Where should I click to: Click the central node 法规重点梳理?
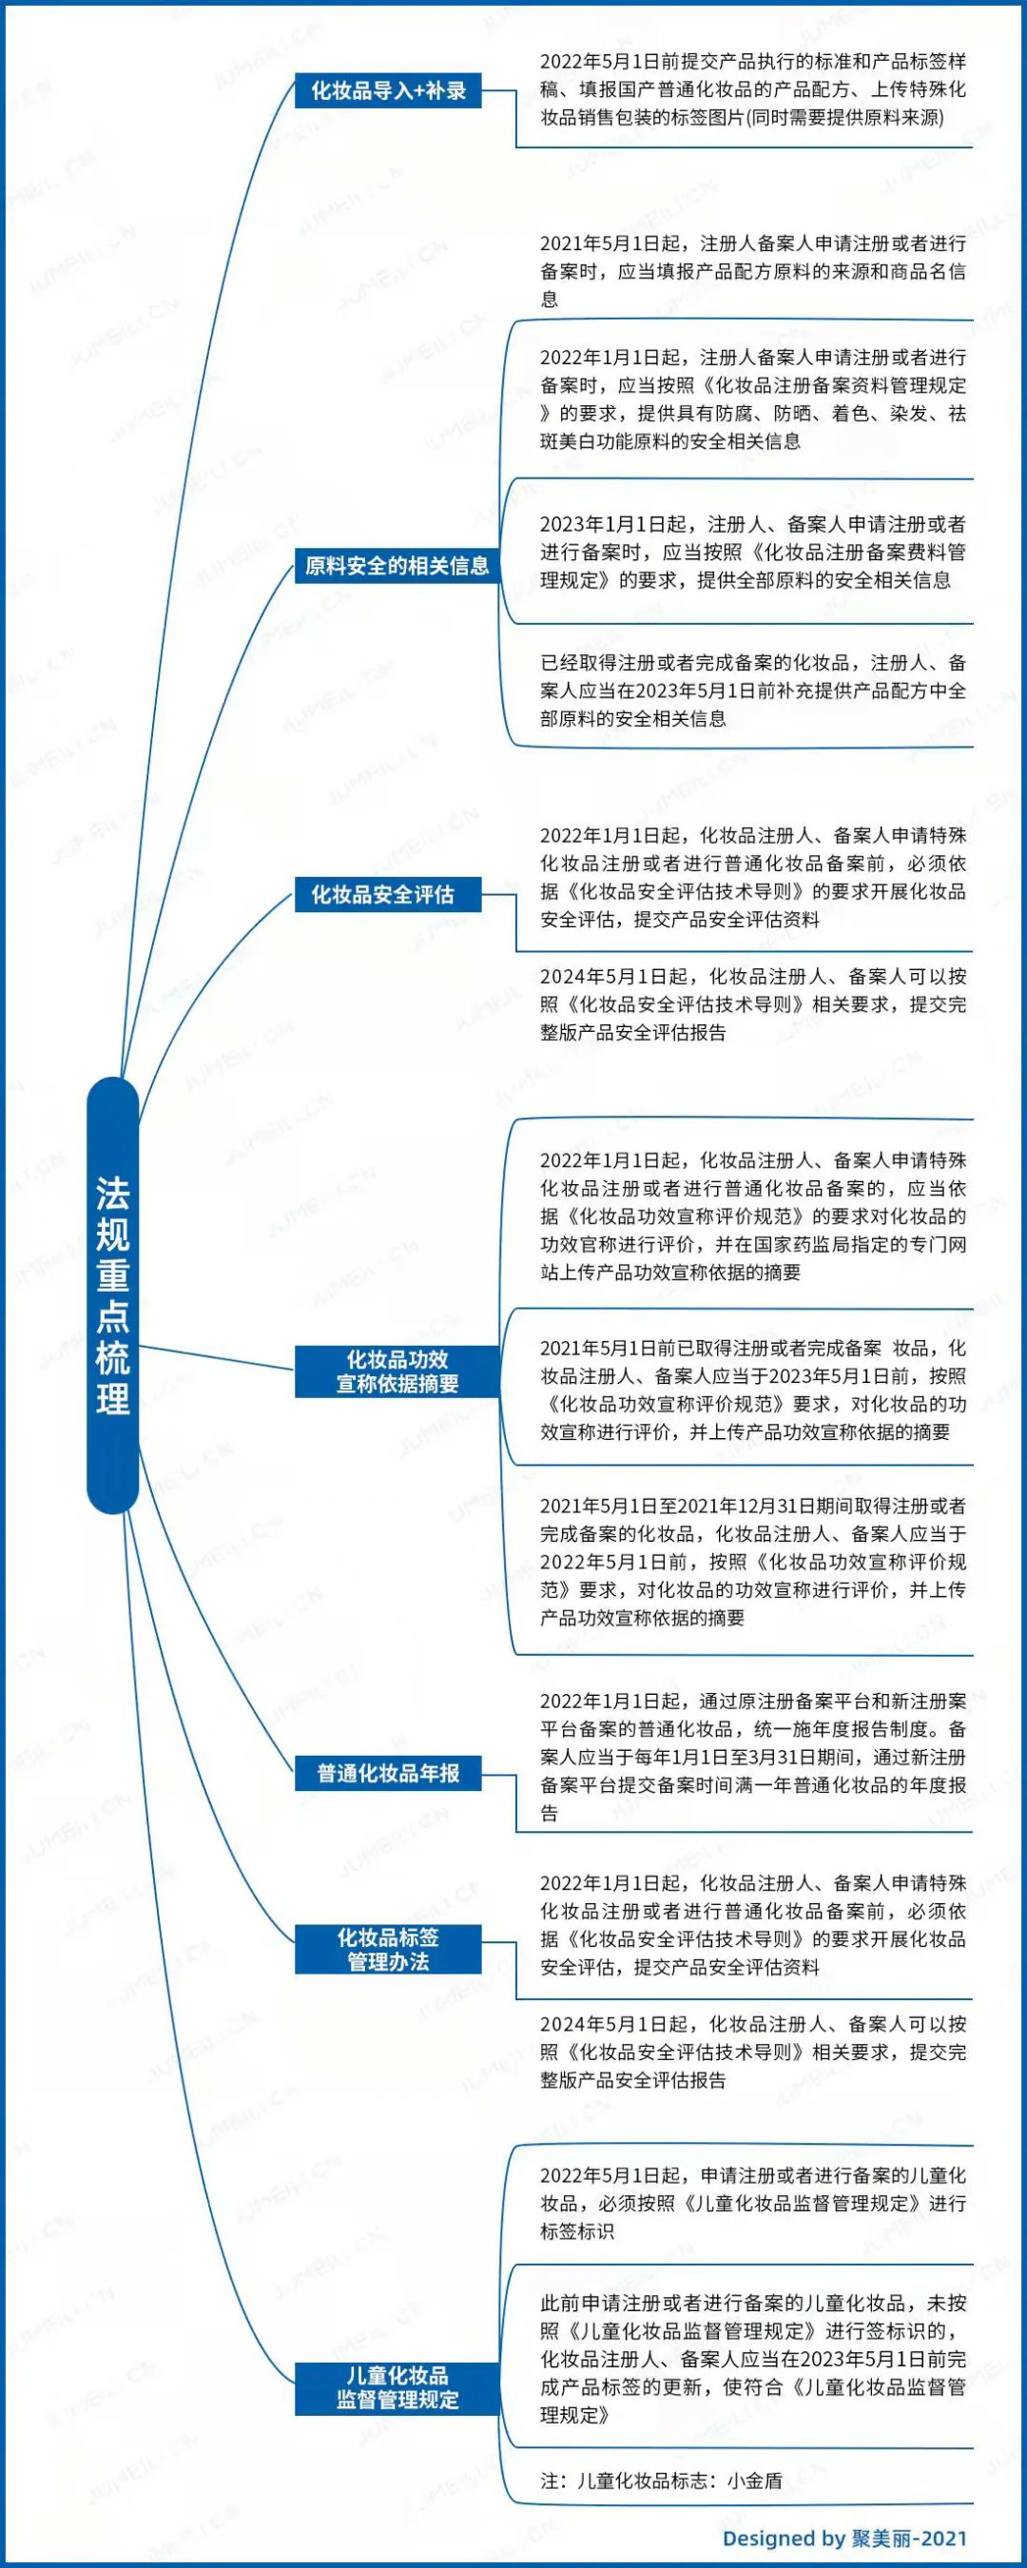112,1296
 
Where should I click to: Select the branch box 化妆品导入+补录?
388,90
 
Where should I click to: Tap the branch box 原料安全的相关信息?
397,566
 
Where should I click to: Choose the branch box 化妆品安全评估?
383,894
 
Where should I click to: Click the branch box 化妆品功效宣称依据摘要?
397,1372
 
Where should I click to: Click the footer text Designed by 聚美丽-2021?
843,2539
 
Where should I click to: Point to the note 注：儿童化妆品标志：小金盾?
660,2480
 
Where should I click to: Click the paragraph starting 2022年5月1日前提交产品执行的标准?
753,89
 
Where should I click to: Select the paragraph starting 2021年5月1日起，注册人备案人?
753,271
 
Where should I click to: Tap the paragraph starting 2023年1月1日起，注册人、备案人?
753,552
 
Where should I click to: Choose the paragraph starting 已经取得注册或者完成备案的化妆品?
753,690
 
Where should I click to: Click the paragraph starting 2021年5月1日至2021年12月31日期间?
753,1561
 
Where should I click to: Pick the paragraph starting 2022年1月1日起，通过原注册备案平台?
753,1757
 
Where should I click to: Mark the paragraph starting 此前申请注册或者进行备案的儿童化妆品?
753,2359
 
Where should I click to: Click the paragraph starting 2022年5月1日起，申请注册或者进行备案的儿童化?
753,2202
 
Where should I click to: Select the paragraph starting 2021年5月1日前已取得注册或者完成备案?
753,1390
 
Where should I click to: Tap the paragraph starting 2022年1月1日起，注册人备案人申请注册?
753,399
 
